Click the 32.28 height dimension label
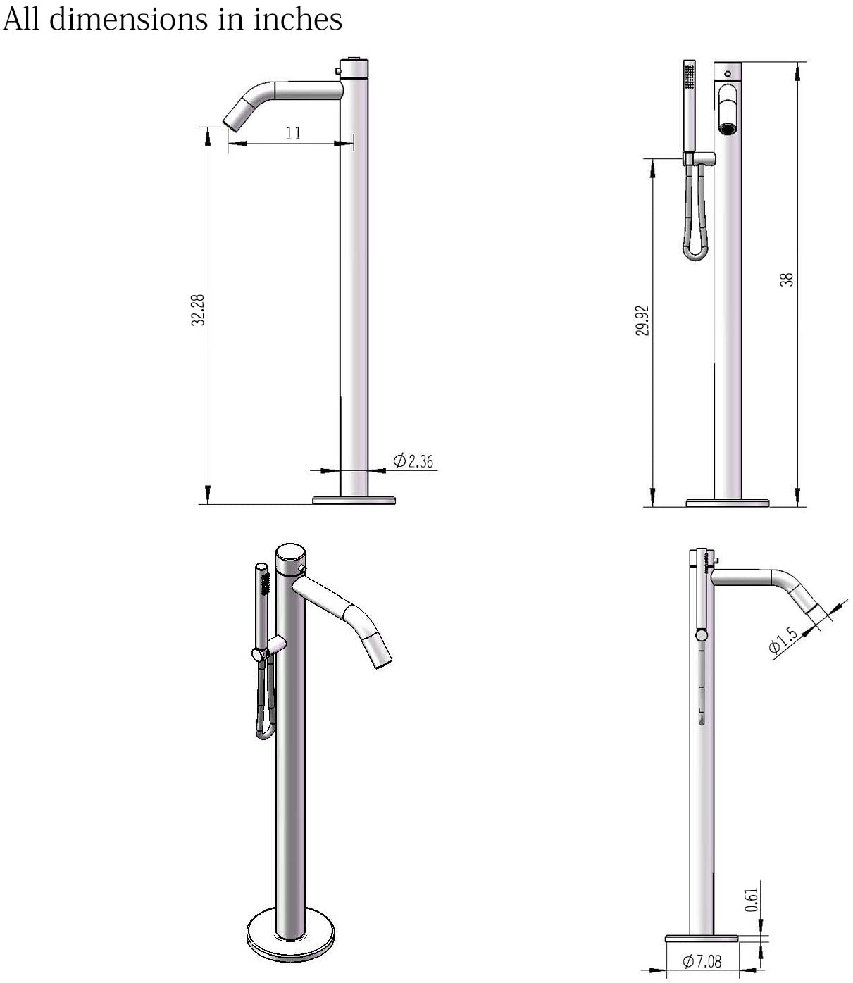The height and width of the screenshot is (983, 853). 198,310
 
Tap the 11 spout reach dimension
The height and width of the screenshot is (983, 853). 294,133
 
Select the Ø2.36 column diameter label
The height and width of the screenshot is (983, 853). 413,461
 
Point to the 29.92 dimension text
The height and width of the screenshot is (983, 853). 642,320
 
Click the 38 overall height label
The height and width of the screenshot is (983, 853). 786,280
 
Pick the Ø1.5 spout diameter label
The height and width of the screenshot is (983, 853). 783,641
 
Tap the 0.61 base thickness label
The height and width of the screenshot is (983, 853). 751,900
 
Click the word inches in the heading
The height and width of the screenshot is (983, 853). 298,19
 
